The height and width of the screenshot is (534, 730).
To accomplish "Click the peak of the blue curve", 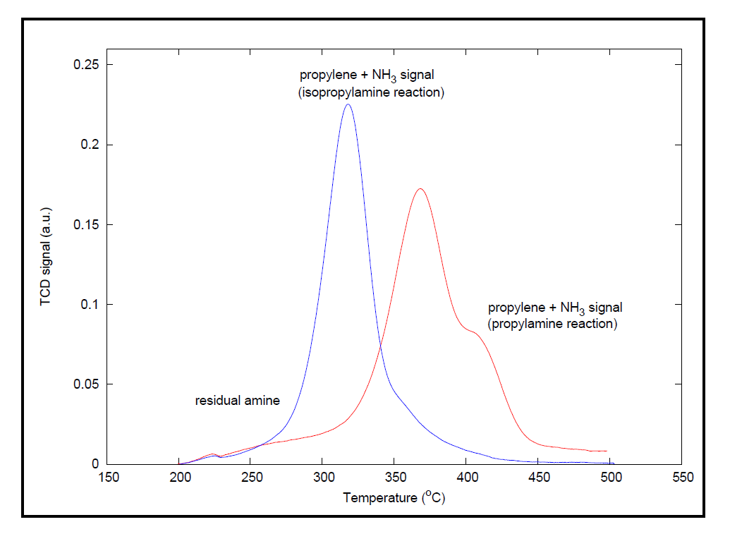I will [x=347, y=104].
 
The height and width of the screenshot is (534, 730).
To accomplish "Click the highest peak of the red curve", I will [x=420, y=188].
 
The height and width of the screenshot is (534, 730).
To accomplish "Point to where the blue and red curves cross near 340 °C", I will [x=381, y=344].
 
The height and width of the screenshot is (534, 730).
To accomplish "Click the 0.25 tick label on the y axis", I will [x=87, y=65].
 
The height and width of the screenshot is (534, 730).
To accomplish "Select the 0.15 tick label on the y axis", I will [x=87, y=225].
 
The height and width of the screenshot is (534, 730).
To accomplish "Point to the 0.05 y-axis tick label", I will [x=87, y=384].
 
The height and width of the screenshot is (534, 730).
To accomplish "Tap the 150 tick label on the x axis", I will [x=108, y=478].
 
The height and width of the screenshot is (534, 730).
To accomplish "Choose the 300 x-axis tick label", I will [x=322, y=478].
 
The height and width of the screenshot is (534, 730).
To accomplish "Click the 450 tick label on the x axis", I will [x=538, y=478].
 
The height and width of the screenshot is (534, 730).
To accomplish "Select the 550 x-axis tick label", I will [x=681, y=478].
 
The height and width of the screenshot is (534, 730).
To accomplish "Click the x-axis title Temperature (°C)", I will [x=394, y=497].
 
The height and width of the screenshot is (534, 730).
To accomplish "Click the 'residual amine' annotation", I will [x=237, y=401].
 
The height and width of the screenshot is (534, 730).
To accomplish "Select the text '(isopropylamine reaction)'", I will [x=371, y=92].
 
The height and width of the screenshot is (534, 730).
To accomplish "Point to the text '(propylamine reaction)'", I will [x=553, y=324].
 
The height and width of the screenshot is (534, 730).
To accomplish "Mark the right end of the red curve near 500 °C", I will [x=607, y=451].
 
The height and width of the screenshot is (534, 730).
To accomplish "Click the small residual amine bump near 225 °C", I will [x=213, y=454].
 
